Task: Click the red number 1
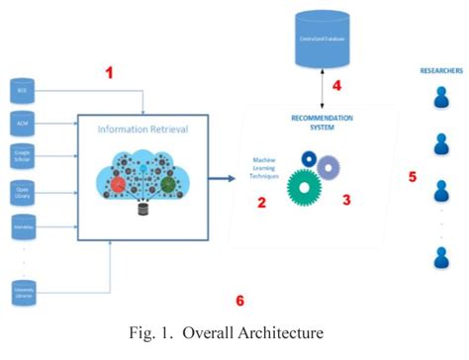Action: tap(110, 72)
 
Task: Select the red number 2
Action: tap(261, 204)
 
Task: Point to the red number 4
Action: tap(335, 85)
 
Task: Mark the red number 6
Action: tap(237, 300)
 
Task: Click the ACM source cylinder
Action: tap(23, 125)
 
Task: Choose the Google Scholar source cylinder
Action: tap(23, 156)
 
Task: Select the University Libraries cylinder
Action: tap(23, 291)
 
